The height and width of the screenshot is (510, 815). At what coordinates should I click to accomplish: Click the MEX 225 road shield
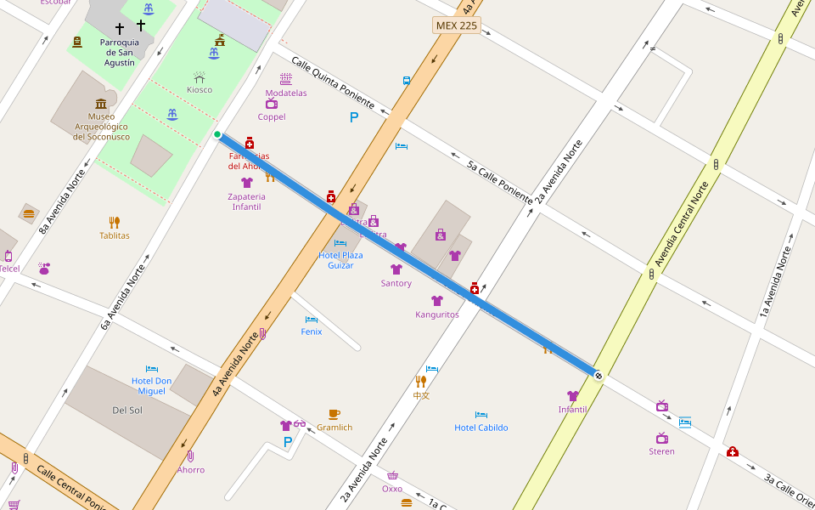tap(456, 25)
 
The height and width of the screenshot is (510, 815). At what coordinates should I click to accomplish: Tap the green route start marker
tap(217, 134)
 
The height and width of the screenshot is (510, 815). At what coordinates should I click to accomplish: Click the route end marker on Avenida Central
tap(599, 375)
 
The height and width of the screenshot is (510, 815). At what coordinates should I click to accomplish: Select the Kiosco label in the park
tap(200, 89)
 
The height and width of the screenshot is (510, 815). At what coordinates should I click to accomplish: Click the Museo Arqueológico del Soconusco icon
tap(101, 104)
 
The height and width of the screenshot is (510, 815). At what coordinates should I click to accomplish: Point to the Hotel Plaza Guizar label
tap(340, 260)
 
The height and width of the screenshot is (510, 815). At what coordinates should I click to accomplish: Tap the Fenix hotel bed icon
tap(312, 320)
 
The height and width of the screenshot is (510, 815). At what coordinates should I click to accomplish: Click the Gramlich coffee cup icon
tap(334, 415)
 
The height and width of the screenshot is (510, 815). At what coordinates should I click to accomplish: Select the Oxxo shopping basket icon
tap(392, 476)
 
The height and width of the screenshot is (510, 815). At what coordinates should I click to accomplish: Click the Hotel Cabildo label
tap(481, 428)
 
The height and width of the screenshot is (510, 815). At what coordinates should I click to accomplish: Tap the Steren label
tap(661, 451)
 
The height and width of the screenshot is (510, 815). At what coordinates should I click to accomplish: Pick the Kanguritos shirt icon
tap(437, 301)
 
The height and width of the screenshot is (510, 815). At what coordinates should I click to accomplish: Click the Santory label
tap(396, 283)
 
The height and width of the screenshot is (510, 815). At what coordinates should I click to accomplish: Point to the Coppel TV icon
tap(272, 104)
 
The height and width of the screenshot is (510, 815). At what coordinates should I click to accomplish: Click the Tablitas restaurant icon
tap(115, 223)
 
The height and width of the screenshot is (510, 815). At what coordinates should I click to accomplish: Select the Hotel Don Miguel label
tap(152, 385)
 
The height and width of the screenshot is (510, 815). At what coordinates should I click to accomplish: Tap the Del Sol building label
tap(126, 411)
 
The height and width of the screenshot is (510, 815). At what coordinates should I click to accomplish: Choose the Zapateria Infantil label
tap(246, 201)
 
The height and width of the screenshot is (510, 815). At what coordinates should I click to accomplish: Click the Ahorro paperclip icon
tap(190, 456)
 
